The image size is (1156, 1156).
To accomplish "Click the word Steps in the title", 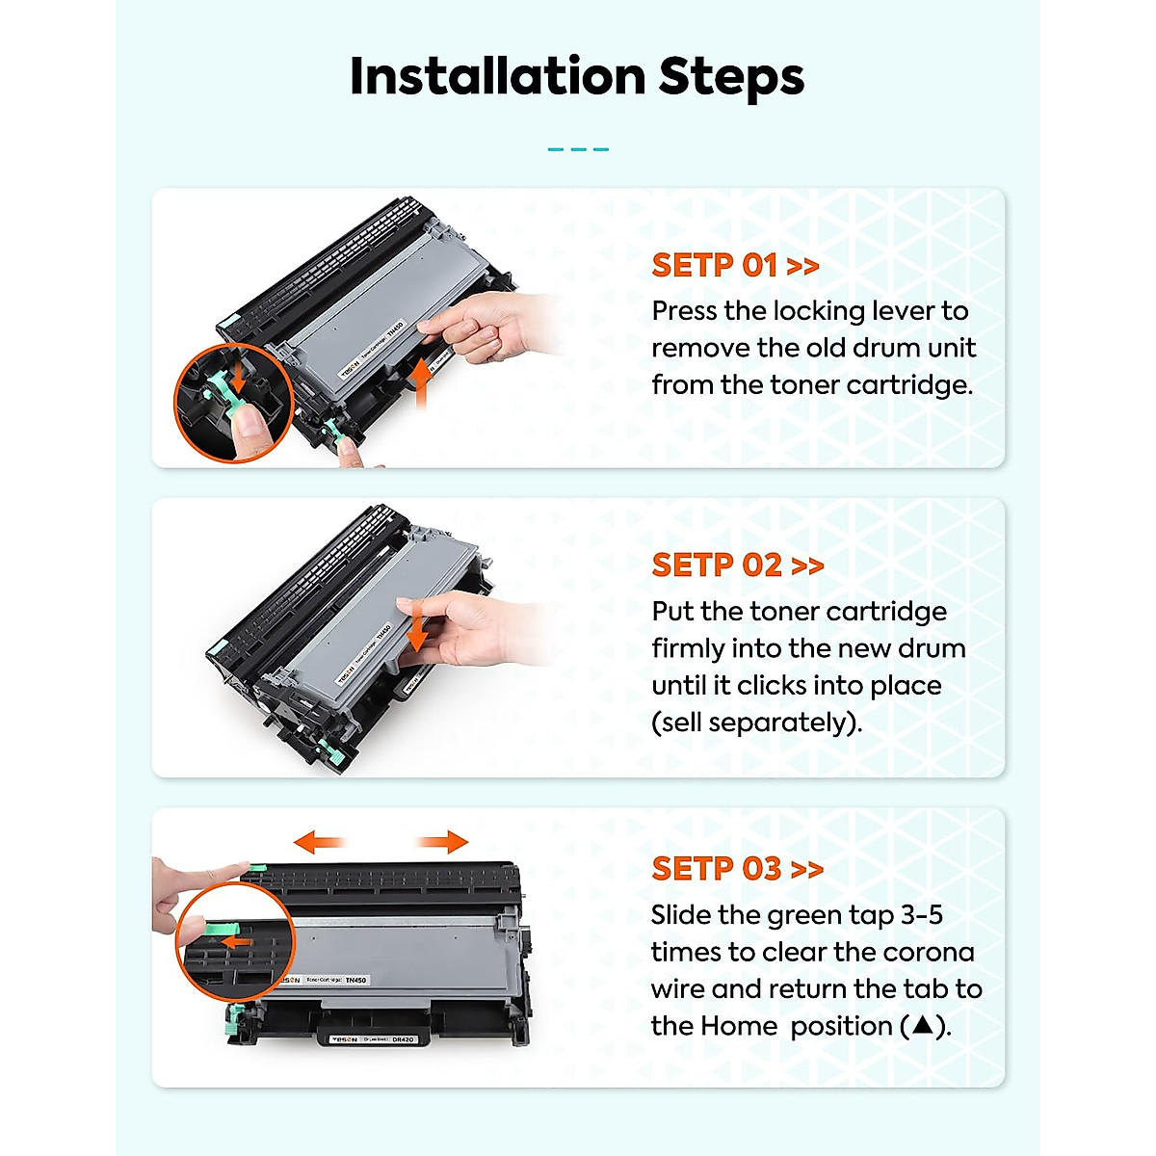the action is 731,78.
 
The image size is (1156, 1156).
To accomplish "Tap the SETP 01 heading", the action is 735,265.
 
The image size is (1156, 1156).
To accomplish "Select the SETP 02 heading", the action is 738,565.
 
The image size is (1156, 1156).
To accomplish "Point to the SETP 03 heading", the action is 738,868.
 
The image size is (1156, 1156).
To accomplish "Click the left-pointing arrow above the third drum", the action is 320,841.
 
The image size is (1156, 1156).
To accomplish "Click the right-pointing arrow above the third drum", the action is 443,841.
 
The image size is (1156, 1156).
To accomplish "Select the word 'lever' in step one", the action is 904,311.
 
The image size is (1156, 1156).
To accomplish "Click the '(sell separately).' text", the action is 757,722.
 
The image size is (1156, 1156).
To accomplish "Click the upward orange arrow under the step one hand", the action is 421,383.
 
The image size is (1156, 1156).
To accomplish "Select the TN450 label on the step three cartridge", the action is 355,980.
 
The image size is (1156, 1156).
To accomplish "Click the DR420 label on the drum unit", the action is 403,1039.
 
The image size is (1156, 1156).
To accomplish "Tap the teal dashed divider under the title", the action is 578,149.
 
